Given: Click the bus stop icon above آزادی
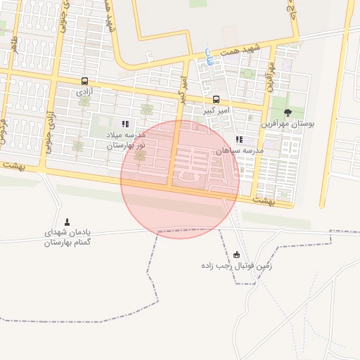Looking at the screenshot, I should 84,81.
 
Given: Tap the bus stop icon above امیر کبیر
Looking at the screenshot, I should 216,99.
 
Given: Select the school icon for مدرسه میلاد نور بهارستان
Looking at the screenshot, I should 125,124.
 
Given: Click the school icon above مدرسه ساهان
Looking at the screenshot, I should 239,139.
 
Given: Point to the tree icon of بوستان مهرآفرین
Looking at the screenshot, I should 287,112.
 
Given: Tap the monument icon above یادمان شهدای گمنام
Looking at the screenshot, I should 67,221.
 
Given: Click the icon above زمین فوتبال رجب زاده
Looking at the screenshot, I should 236,255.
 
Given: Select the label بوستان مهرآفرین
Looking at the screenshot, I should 288,124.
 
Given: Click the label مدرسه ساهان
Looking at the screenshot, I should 239,150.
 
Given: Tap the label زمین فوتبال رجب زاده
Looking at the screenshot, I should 236,266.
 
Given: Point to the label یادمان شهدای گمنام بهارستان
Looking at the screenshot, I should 67,238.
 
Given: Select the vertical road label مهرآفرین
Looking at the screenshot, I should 269,76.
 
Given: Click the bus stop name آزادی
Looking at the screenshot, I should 84,92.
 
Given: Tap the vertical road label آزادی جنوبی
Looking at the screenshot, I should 49,122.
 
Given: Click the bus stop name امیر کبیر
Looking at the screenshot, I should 216,111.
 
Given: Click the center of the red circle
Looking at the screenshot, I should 180,179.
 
